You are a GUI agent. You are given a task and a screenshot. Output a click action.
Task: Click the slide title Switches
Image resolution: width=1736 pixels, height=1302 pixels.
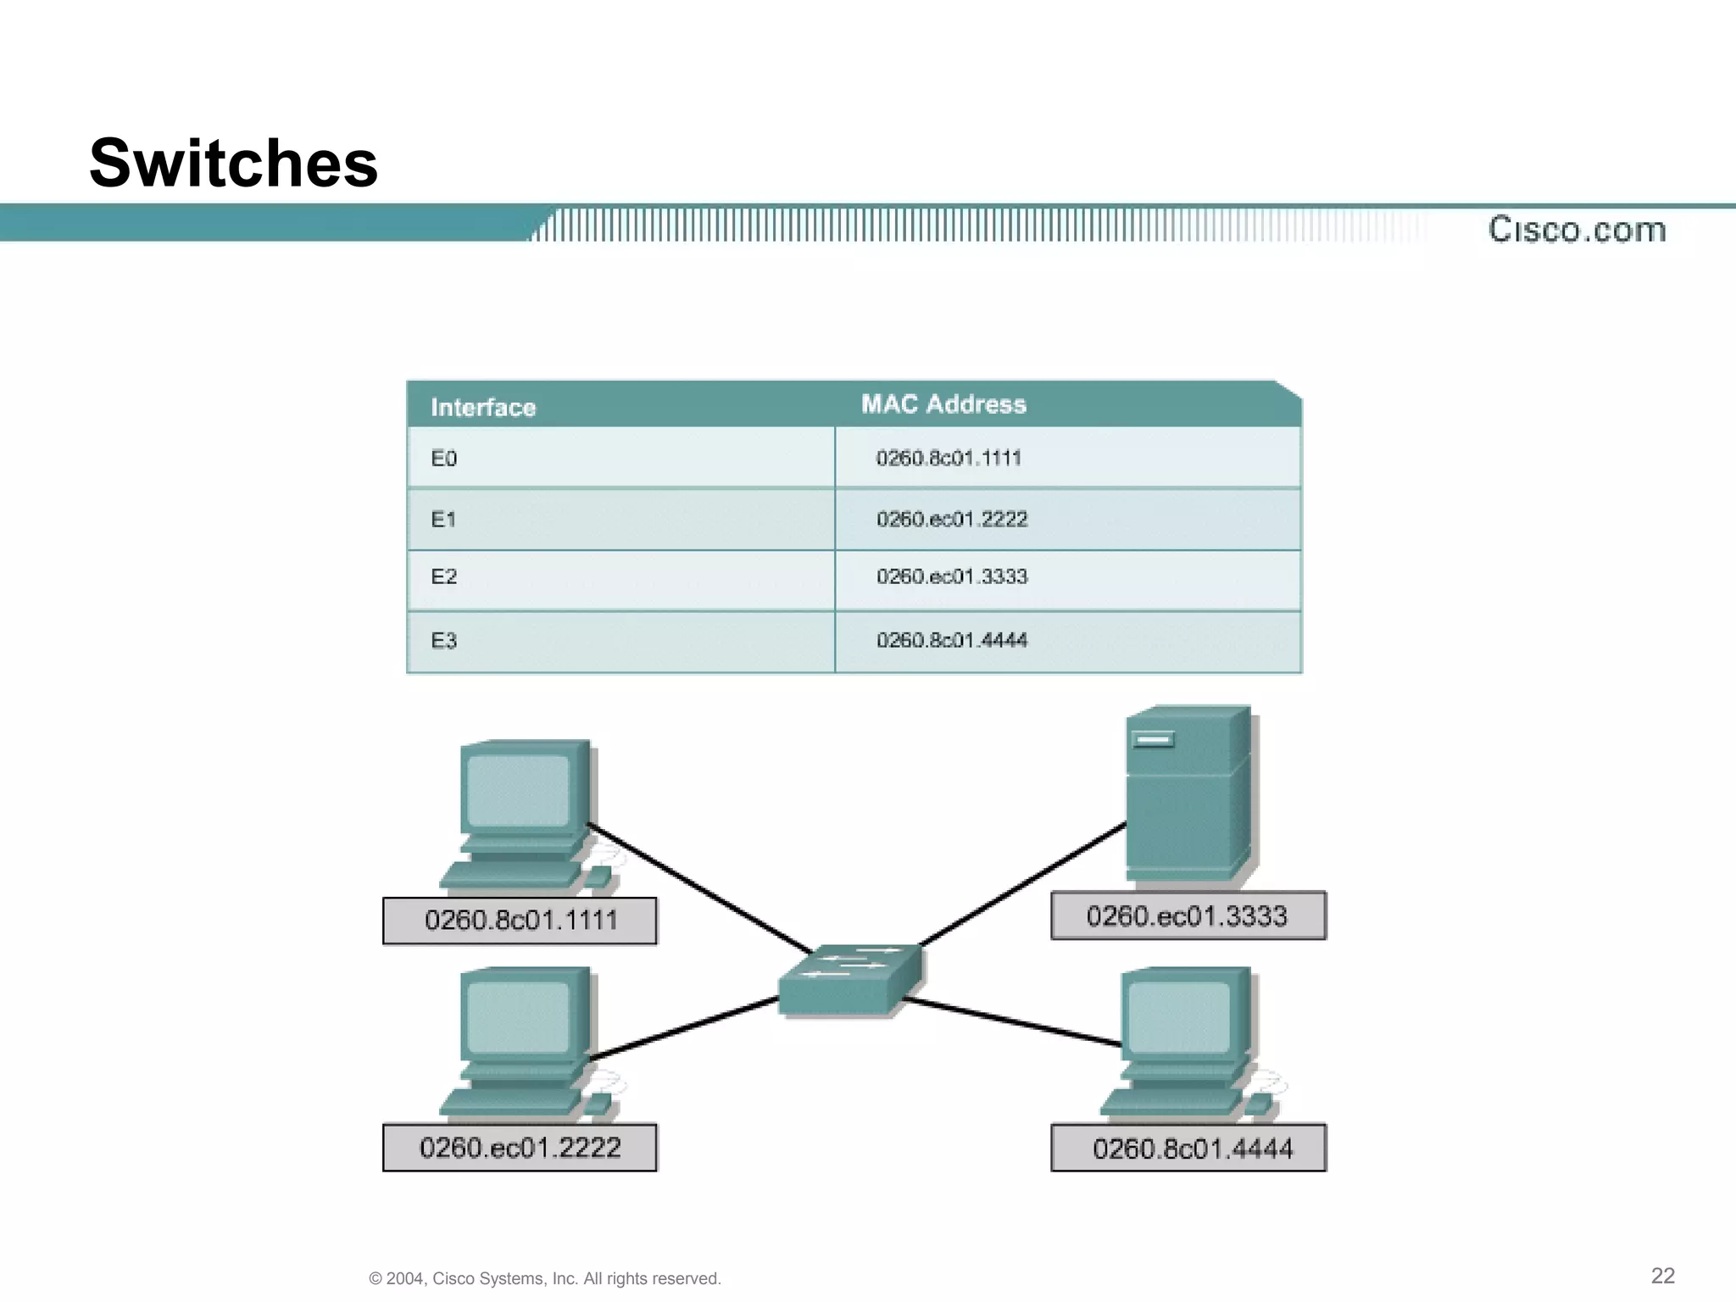pos(233,163)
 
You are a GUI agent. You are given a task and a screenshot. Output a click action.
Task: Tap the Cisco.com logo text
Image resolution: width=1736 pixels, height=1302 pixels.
pos(1577,230)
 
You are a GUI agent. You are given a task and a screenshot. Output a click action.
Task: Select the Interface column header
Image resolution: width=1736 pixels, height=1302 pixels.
pos(483,407)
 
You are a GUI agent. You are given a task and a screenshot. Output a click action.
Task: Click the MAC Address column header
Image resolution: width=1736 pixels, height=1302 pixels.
pos(943,404)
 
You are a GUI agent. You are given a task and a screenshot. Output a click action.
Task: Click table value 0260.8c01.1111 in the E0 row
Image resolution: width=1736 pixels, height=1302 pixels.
pos(949,459)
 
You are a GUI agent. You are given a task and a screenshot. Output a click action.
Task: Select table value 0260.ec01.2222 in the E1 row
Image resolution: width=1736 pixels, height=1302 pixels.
pos(952,519)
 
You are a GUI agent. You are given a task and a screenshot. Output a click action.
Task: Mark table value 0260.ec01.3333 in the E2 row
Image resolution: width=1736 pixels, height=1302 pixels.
pos(952,577)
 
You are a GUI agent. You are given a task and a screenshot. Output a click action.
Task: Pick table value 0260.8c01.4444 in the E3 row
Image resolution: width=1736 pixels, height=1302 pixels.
pos(952,641)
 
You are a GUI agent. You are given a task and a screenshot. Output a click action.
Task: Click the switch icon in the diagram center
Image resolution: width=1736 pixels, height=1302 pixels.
pos(849,978)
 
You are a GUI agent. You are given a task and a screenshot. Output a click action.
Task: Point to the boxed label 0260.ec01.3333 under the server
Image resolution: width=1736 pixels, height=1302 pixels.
pos(1188,916)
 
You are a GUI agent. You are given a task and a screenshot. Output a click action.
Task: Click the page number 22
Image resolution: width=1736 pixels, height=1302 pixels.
pos(1662,1276)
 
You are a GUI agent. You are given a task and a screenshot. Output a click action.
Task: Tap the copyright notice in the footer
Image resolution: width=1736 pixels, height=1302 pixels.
pos(545,1278)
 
